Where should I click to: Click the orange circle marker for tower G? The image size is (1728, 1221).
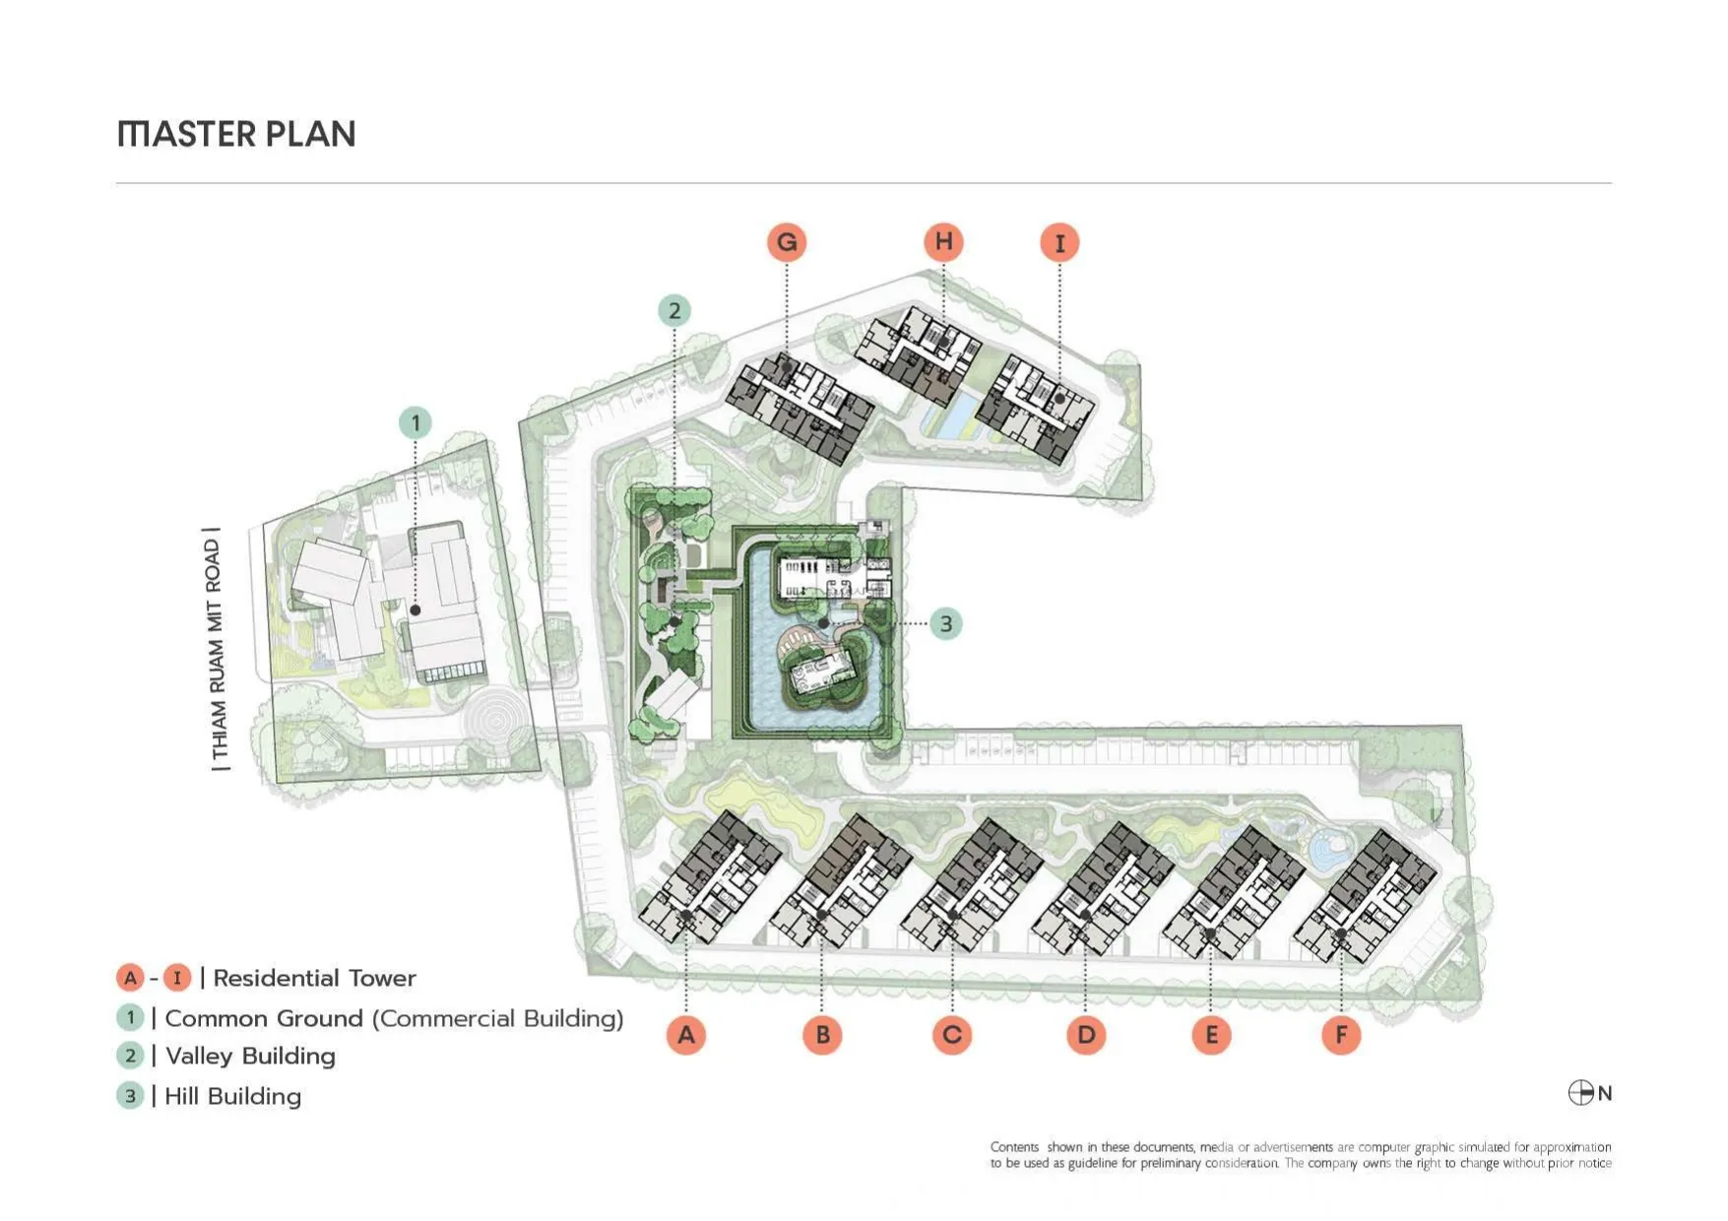click(x=787, y=242)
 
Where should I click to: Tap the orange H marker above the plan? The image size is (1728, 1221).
click(x=944, y=241)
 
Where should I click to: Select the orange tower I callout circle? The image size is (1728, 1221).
click(x=1060, y=242)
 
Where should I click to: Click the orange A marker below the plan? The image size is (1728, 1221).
click(x=686, y=1035)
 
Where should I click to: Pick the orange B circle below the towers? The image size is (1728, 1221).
click(x=822, y=1035)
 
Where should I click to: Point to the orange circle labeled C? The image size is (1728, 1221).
click(x=952, y=1035)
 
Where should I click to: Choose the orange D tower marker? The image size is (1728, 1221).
click(x=1086, y=1035)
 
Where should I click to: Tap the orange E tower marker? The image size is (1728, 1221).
click(x=1211, y=1035)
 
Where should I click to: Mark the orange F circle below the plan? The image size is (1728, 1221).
click(x=1341, y=1035)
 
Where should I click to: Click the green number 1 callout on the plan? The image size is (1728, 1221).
click(x=416, y=423)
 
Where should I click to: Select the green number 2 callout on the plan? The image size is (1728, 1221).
click(x=674, y=311)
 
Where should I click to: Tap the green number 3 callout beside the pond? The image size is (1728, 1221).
click(x=946, y=623)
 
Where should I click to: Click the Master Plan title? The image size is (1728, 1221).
click(x=236, y=134)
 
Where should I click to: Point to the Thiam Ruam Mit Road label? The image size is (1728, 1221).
click(x=218, y=650)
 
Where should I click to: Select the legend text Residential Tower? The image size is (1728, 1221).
click(x=314, y=978)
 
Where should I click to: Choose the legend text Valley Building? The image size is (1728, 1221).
click(x=250, y=1056)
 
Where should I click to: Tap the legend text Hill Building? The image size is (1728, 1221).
click(x=233, y=1096)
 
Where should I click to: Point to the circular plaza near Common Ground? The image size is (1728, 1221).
click(x=495, y=722)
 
